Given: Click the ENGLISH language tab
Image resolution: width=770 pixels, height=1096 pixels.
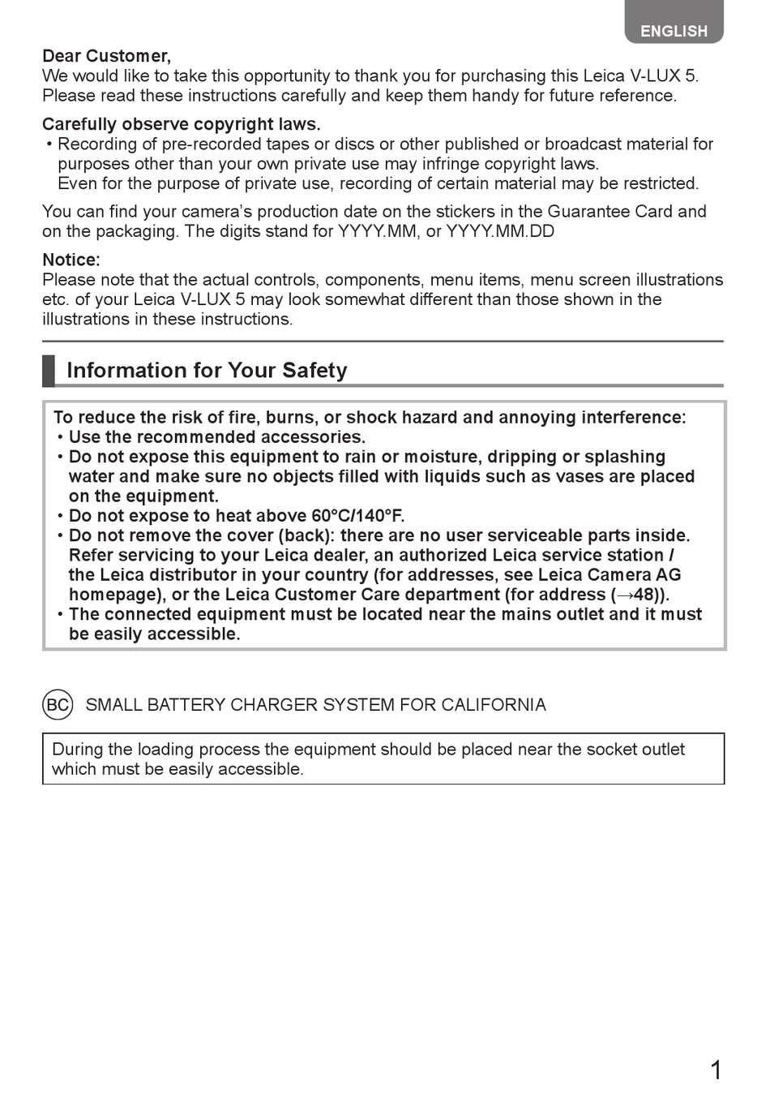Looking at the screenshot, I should point(674,31).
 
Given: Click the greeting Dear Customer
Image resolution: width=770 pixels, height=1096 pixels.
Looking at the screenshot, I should point(106,56).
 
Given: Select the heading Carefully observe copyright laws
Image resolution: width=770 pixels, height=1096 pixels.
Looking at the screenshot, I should point(181,124).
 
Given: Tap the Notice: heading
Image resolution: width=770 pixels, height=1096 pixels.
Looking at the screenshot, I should point(71,260).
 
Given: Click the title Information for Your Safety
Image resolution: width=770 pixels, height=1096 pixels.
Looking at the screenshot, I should point(207,370).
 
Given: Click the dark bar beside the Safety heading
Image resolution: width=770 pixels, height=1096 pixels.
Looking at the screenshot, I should point(49,370).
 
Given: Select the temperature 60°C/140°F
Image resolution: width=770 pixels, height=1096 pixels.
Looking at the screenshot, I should point(357,516).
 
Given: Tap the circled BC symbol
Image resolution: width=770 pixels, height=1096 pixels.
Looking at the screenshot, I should point(58,704).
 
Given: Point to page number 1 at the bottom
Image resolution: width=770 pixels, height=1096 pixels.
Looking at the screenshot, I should point(715,1071).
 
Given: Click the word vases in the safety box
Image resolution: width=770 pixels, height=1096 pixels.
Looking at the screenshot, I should point(580,476).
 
